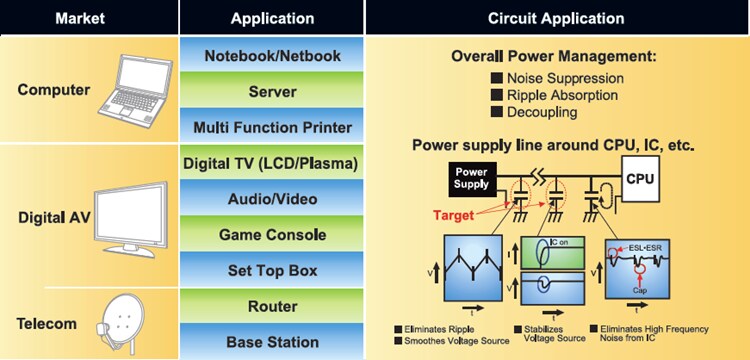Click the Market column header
[89, 18]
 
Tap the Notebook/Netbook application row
[272, 55]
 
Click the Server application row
[272, 91]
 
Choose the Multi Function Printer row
[272, 127]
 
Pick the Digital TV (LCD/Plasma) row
[272, 163]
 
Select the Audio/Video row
[272, 199]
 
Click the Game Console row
[272, 235]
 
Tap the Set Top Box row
[272, 271]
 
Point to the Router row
[272, 306]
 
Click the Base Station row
[272, 341]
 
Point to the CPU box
[643, 177]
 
